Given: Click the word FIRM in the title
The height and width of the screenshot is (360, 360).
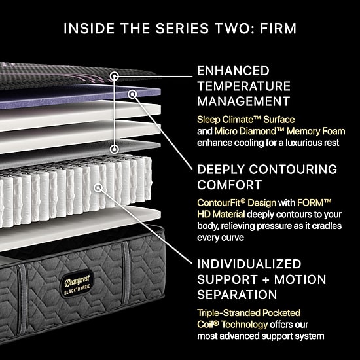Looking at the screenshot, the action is [278, 28].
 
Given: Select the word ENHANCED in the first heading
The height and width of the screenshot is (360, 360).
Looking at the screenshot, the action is [233, 71].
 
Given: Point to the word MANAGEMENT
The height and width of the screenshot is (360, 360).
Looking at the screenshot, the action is [243, 101].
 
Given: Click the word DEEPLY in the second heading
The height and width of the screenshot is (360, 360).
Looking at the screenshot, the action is [221, 170].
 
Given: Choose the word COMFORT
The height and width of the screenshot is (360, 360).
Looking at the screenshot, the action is [230, 185].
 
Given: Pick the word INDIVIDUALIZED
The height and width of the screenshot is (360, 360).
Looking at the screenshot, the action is [249, 264].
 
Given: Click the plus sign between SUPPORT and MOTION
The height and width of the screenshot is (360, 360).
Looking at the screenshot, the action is [265, 280].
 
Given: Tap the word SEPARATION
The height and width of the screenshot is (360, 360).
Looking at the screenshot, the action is [237, 295].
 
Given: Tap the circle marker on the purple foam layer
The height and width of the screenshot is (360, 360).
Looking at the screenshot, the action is [132, 94].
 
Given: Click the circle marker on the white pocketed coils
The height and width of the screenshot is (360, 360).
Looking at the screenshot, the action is [98, 188].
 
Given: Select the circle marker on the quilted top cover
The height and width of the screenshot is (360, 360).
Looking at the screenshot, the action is [114, 76].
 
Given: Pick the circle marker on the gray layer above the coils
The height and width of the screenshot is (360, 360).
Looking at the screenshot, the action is [114, 149].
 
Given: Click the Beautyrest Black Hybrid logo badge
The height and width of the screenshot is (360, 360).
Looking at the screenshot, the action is [77, 284].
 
